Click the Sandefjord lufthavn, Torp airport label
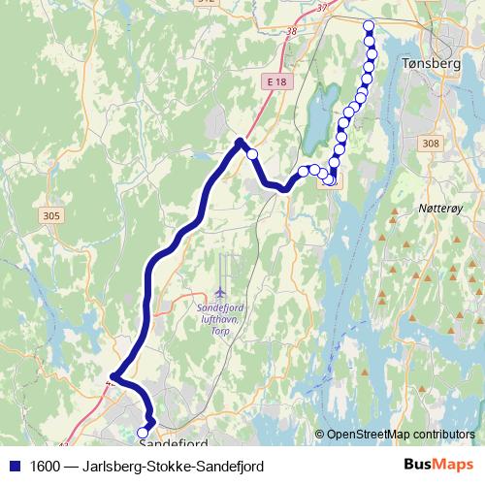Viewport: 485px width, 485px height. tap(223, 314)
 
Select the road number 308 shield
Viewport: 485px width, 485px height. tap(432, 143)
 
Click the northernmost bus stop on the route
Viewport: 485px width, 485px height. tap(369, 25)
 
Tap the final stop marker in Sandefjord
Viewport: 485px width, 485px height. tap(144, 432)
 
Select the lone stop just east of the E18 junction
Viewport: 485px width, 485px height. tap(252, 153)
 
